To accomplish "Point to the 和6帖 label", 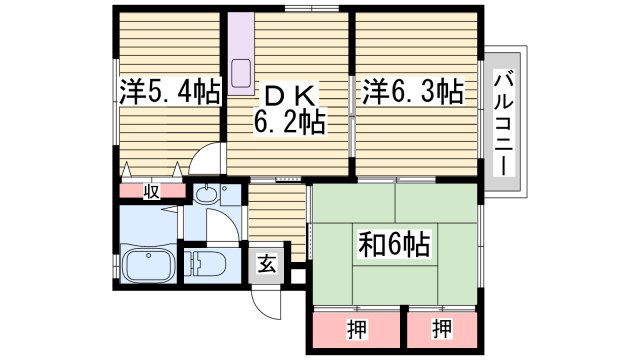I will coord(394,243).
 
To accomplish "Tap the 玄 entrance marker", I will coord(268,263).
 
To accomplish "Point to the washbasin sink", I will coord(205,196).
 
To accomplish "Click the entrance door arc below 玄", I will coord(262,296).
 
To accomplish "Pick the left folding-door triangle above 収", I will coord(128,170).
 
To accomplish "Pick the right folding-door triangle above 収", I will coord(178,170).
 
